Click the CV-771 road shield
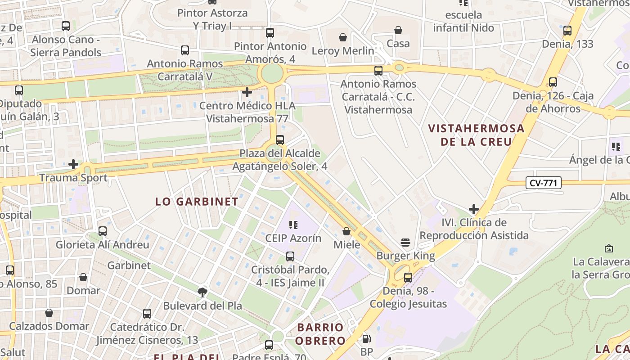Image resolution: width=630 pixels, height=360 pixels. (x=543, y=183)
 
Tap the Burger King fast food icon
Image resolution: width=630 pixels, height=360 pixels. (x=405, y=243)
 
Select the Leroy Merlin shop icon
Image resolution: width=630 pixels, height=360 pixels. (x=343, y=37)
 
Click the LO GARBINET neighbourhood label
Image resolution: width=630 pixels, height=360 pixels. (x=197, y=201)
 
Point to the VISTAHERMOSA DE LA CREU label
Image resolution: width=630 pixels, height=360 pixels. (x=476, y=135)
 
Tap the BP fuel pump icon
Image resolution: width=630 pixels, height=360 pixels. (x=367, y=338)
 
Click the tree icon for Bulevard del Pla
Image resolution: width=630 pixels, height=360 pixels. (x=202, y=292)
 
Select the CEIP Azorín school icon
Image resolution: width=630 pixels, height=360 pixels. (x=293, y=225)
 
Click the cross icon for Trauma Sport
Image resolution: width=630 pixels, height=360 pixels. (x=73, y=164)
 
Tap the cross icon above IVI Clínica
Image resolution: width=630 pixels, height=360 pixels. (x=473, y=209)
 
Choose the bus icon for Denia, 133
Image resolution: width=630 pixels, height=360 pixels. (x=567, y=31)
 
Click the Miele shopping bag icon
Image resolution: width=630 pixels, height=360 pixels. (x=346, y=231)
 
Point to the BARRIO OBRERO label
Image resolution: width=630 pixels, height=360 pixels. (x=320, y=333)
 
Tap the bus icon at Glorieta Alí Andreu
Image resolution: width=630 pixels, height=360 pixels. (x=103, y=231)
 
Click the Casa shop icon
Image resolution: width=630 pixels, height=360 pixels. (x=398, y=30)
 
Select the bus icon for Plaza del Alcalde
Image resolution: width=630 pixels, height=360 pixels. (x=280, y=139)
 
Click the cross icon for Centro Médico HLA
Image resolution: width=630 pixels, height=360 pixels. (x=247, y=92)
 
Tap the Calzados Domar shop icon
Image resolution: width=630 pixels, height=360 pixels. (x=49, y=312)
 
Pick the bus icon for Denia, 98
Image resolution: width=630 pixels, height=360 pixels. (x=408, y=277)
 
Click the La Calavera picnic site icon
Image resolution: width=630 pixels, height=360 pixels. (x=608, y=248)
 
